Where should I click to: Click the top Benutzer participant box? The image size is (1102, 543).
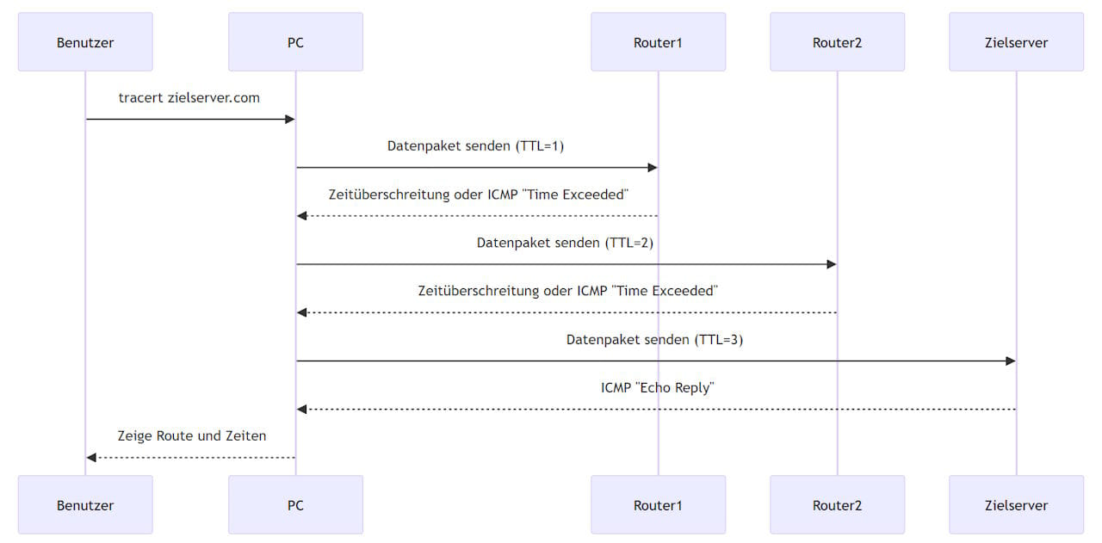coord(85,41)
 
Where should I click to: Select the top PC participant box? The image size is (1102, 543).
coord(295,41)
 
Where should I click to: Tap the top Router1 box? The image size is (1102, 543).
coord(658,41)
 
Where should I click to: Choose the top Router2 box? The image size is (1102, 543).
coord(837,41)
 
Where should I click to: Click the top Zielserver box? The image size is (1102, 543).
coord(1016,41)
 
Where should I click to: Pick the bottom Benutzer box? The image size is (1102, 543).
coord(85,505)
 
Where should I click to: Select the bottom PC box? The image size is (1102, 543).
coord(295,505)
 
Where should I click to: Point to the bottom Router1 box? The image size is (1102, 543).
coord(658,505)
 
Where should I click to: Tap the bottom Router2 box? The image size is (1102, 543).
coord(837,505)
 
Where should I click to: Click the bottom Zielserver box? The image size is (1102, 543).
coord(1016,505)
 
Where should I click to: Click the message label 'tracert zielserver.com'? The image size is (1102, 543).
coord(189,98)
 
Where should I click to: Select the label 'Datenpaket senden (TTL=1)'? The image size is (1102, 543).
coord(475,146)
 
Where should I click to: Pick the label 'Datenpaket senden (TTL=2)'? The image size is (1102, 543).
coord(565,243)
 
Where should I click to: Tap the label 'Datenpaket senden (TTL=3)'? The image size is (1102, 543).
coord(654,340)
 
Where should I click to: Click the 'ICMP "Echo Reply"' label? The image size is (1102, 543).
coord(657,388)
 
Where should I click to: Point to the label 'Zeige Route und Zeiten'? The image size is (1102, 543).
coord(191,436)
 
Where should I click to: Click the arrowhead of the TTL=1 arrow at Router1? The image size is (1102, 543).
coord(653,168)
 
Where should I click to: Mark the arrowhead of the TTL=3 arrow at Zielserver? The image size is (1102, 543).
coord(1011,361)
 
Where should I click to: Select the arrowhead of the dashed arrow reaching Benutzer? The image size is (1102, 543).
coord(91,458)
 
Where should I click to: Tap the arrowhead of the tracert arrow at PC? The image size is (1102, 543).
coord(290,120)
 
